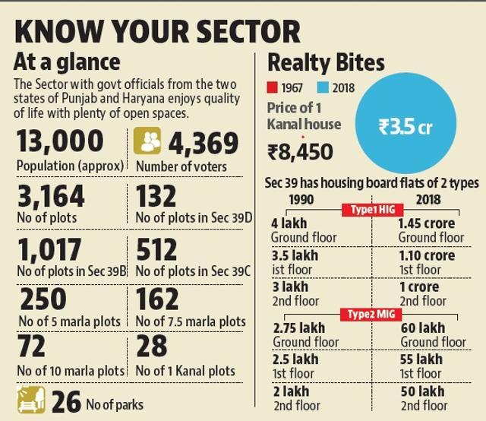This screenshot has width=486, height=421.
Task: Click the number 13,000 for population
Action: click(x=60, y=141)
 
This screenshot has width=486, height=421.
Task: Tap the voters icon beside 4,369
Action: click(x=147, y=141)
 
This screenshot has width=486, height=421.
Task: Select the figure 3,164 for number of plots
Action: click(x=51, y=196)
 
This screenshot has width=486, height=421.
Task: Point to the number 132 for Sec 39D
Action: click(x=156, y=196)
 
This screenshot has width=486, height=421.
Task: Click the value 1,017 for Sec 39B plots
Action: click(x=49, y=249)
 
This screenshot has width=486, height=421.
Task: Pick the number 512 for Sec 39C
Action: click(x=156, y=249)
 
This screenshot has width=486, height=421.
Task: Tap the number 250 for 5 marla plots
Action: click(x=43, y=299)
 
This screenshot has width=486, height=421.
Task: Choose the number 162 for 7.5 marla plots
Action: click(x=157, y=299)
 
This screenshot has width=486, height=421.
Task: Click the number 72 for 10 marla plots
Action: click(x=31, y=347)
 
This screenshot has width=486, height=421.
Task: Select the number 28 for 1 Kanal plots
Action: click(x=152, y=346)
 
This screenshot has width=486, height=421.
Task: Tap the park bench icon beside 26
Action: click(x=31, y=400)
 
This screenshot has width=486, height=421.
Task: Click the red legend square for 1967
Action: click(x=272, y=87)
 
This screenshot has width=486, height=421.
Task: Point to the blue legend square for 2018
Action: click(x=323, y=87)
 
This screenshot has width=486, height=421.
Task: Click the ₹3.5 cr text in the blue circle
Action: click(x=405, y=127)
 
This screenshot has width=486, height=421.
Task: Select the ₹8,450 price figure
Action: click(x=300, y=152)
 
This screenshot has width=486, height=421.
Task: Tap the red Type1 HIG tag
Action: click(x=373, y=210)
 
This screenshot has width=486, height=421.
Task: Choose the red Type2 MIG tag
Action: click(x=371, y=315)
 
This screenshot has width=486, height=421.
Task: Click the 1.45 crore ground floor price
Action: click(x=427, y=223)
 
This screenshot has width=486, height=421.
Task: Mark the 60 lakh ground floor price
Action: click(x=423, y=328)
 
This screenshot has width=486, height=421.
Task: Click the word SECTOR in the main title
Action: click(x=248, y=31)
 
